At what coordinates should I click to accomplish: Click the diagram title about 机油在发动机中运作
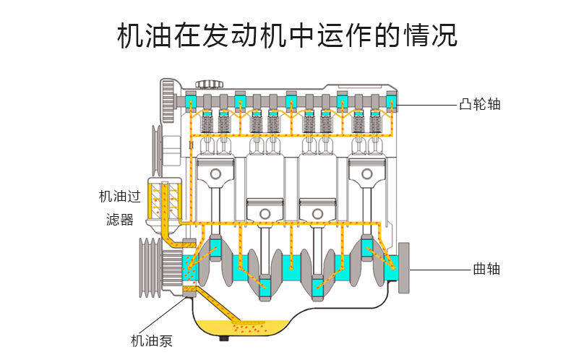click(287, 35)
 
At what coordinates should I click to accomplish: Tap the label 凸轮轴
click(480, 104)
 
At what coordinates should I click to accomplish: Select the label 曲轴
click(486, 269)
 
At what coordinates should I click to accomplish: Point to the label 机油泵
click(152, 341)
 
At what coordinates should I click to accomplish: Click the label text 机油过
click(120, 197)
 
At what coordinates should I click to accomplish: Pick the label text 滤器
click(120, 220)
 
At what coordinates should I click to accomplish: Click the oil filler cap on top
click(209, 85)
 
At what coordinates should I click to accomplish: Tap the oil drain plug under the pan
click(224, 338)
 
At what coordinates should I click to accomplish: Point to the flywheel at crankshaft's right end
click(404, 267)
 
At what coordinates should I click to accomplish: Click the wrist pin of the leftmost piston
click(215, 173)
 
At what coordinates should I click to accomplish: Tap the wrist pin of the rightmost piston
click(366, 173)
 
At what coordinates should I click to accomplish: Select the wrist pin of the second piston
click(265, 213)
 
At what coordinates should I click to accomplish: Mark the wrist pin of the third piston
click(317, 213)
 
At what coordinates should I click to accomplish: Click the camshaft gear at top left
click(168, 102)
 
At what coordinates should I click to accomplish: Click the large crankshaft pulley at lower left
click(150, 267)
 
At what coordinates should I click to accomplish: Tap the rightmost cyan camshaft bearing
click(391, 101)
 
